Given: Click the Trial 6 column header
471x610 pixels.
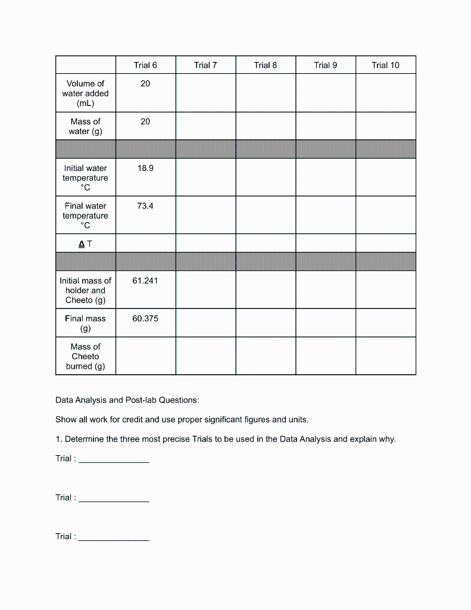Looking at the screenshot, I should tap(145, 65).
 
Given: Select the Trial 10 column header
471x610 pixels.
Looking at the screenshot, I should tap(385, 65).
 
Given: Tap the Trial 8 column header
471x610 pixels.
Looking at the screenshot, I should tap(266, 65).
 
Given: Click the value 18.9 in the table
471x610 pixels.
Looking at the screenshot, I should tap(145, 169).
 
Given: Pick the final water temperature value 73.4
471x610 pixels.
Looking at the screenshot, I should tap(145, 206).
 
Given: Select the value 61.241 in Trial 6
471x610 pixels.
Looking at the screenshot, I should tap(145, 281).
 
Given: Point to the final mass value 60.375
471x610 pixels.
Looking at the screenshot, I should tap(145, 319).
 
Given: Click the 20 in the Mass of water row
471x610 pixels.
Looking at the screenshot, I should tap(145, 122).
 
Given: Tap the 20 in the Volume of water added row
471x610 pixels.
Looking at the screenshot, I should tap(145, 84).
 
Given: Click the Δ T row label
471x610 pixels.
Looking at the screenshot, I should tap(85, 243).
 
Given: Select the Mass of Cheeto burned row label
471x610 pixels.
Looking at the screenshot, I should tap(85, 356).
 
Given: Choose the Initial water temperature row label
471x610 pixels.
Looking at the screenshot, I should tap(85, 178).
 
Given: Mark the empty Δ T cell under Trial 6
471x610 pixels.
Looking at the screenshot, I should tap(145, 243).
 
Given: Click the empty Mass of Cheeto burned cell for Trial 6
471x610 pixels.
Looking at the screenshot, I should tap(145, 356).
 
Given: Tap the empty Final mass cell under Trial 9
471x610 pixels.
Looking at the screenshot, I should tap(326, 323).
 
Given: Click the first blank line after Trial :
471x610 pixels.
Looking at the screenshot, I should tap(114, 459).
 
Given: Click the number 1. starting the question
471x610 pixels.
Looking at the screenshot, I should tap(59, 440).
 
